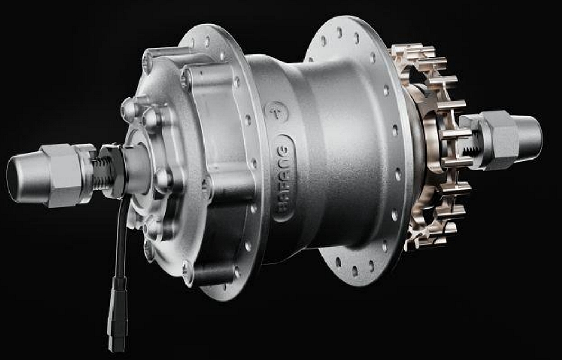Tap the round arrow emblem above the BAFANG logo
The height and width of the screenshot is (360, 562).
coord(276,111)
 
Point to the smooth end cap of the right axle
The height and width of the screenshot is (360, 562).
coord(529,136)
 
